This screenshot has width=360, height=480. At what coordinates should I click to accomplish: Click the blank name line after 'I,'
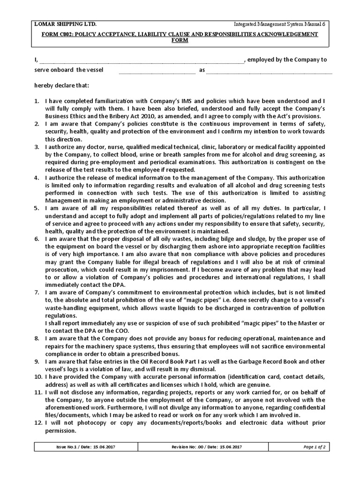[x=141, y=60]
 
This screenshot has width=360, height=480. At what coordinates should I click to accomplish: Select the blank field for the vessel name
[x=157, y=71]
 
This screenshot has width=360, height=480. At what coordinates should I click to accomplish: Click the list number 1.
[x=37, y=101]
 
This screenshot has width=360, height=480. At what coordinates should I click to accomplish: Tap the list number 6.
[x=37, y=239]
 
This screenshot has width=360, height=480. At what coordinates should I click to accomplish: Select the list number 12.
[x=38, y=422]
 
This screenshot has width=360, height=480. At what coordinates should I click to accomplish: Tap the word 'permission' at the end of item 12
[x=61, y=430]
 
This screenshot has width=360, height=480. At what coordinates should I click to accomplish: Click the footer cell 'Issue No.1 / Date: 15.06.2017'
[x=85, y=447]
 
